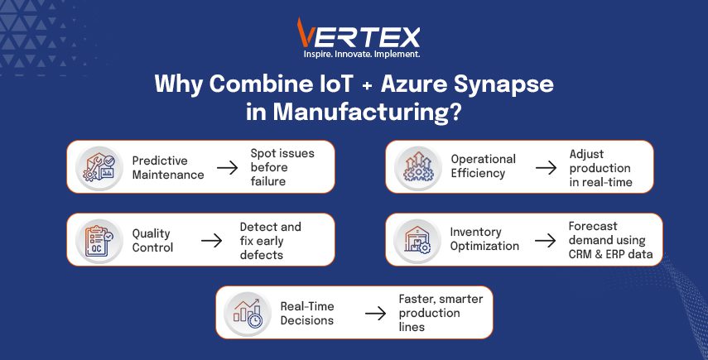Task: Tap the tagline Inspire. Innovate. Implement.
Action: tap(362, 54)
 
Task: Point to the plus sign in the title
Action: tap(367, 85)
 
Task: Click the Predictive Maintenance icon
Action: tap(99, 168)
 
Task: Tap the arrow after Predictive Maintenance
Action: tap(227, 168)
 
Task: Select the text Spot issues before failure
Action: tap(282, 167)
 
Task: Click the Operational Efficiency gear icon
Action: tap(418, 167)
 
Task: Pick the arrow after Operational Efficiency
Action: tap(546, 168)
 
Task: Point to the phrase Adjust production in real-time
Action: tap(600, 168)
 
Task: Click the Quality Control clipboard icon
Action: tap(99, 241)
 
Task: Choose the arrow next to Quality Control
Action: tap(211, 241)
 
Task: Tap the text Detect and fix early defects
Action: tap(271, 241)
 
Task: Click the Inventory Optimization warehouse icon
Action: tap(417, 240)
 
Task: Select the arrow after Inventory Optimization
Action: tap(546, 240)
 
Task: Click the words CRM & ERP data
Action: tap(610, 254)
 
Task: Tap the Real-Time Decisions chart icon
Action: tap(248, 313)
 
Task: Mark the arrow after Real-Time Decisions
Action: tap(375, 314)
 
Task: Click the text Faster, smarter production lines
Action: tap(441, 313)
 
